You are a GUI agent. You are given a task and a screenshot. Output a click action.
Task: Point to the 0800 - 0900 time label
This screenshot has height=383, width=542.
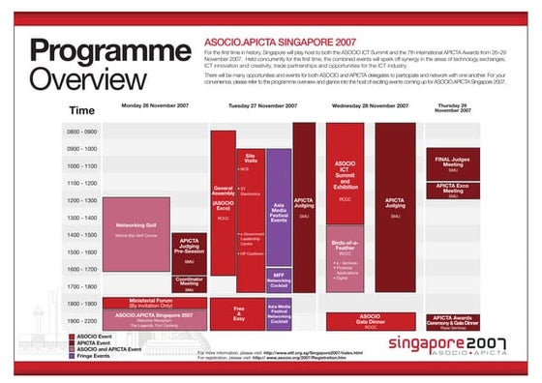pyautogui.click(x=83, y=131)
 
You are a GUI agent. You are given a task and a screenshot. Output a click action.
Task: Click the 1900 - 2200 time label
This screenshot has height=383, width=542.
pyautogui.click(x=83, y=320)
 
